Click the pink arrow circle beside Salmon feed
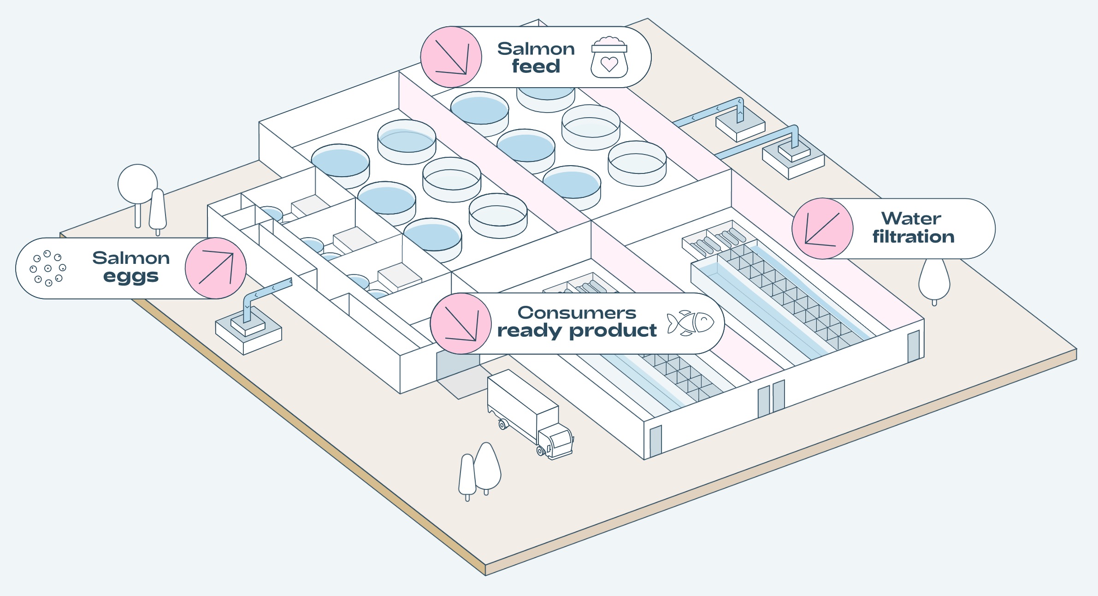pyautogui.click(x=451, y=57)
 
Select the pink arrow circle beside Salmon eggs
pyautogui.click(x=216, y=268)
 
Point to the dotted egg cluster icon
pyautogui.click(x=48, y=268)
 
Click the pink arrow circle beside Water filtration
pyautogui.click(x=823, y=229)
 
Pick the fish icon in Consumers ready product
pyautogui.click(x=690, y=322)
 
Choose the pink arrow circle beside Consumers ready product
pyautogui.click(x=461, y=324)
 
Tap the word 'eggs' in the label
pyautogui.click(x=131, y=277)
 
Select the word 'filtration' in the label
pyautogui.click(x=913, y=237)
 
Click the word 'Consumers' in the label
pyautogui.click(x=577, y=313)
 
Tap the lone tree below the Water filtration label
pyautogui.click(x=934, y=279)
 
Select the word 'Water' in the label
pyautogui.click(x=911, y=218)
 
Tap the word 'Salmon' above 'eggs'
pyautogui.click(x=131, y=258)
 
